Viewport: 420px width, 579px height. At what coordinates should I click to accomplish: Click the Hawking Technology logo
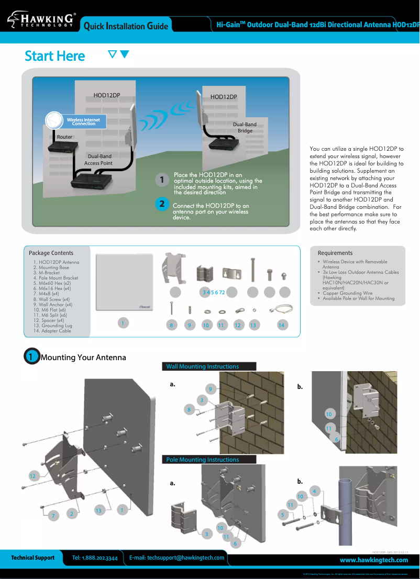[x=41, y=20]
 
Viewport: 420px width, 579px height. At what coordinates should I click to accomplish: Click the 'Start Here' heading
[x=55, y=56]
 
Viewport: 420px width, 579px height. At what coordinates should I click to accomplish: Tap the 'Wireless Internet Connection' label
[x=84, y=122]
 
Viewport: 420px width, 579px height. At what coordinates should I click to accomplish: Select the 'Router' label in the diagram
[x=65, y=137]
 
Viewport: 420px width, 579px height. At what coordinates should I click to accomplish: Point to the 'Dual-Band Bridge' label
[x=245, y=128]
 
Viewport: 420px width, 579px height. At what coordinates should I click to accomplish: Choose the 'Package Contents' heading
[x=51, y=253]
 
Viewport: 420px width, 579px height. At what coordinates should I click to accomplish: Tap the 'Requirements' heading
[x=335, y=253]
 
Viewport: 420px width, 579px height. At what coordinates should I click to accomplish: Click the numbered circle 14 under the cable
[x=282, y=325]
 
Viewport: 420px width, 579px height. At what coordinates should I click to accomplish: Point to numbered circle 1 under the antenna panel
[x=123, y=323]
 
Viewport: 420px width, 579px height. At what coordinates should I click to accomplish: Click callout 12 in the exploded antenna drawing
[x=33, y=476]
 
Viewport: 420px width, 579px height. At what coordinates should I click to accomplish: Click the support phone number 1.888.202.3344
[x=95, y=559]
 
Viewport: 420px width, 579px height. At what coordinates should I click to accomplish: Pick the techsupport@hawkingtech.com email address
[x=177, y=558]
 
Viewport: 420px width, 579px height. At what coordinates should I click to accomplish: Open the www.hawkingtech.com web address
[x=374, y=560]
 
